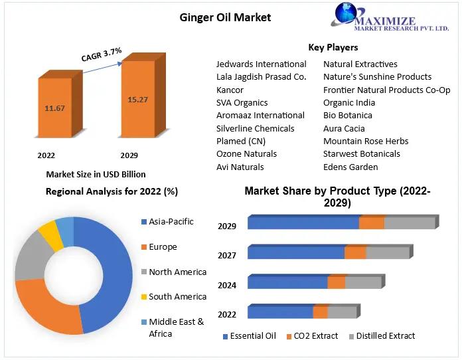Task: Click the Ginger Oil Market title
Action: click(x=226, y=17)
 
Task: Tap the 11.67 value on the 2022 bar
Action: click(x=55, y=108)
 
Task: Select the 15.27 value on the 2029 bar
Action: click(x=137, y=99)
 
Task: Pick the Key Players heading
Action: click(x=333, y=47)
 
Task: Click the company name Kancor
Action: click(x=230, y=90)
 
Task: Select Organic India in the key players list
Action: click(x=349, y=102)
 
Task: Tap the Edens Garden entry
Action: click(x=350, y=167)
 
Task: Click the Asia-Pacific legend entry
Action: click(x=171, y=221)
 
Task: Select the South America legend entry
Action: click(x=177, y=296)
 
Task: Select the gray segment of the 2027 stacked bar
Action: click(x=388, y=253)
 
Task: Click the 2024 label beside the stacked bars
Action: click(x=227, y=285)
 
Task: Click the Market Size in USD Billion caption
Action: click(x=96, y=174)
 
